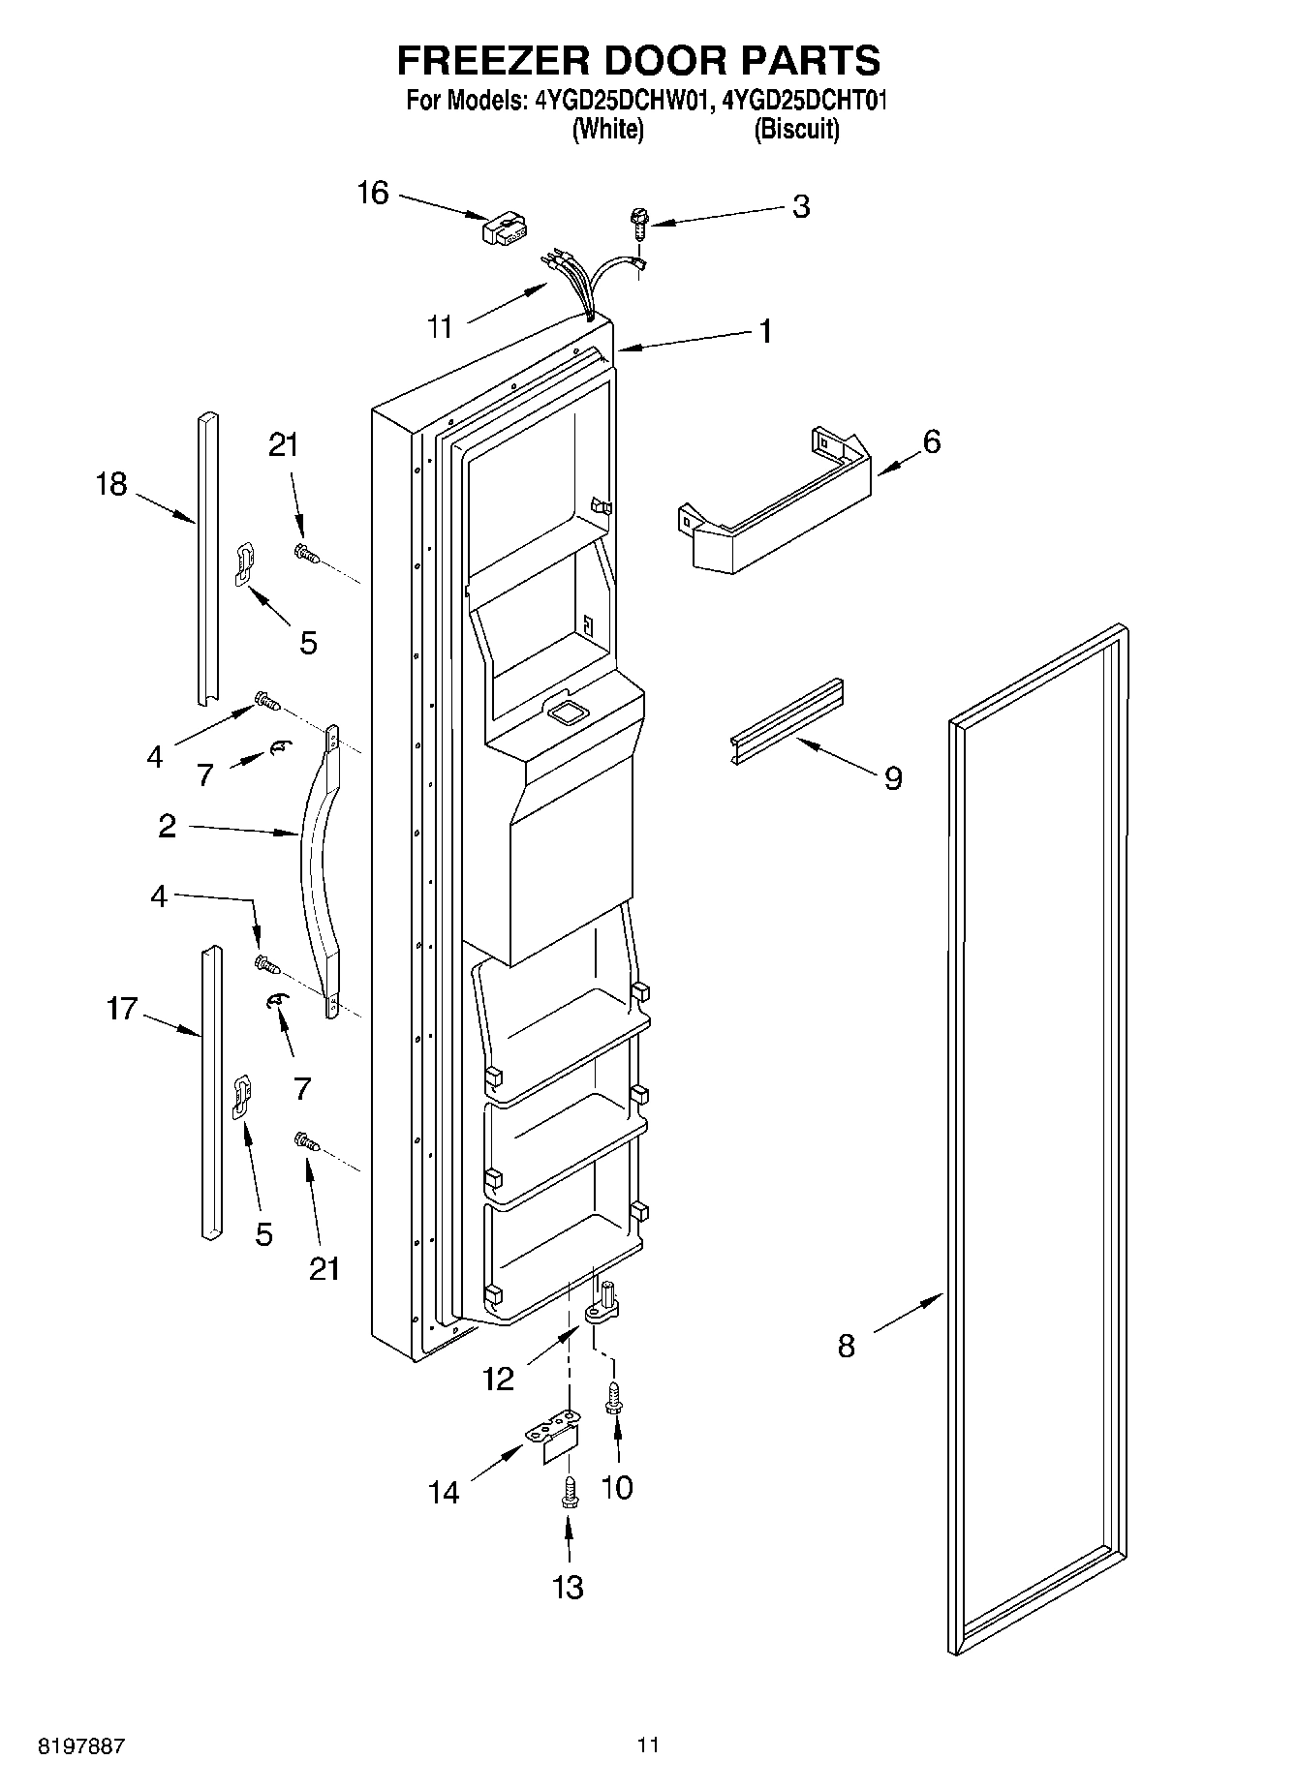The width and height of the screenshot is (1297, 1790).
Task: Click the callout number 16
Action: click(373, 194)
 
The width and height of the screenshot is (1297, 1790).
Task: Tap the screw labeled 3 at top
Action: click(638, 222)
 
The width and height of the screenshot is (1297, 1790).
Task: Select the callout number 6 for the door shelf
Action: click(931, 442)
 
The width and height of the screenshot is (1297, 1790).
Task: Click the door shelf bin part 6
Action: click(775, 513)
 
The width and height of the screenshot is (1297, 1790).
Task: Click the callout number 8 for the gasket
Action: click(847, 1346)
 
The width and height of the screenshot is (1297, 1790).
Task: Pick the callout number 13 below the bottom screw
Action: click(569, 1587)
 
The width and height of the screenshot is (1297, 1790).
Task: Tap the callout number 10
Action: click(617, 1487)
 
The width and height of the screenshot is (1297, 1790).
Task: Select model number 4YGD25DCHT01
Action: click(805, 100)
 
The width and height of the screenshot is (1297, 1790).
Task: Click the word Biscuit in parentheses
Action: click(796, 130)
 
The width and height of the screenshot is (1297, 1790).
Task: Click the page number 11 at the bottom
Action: click(648, 1744)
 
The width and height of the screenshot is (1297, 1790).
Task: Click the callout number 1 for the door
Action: click(765, 332)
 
